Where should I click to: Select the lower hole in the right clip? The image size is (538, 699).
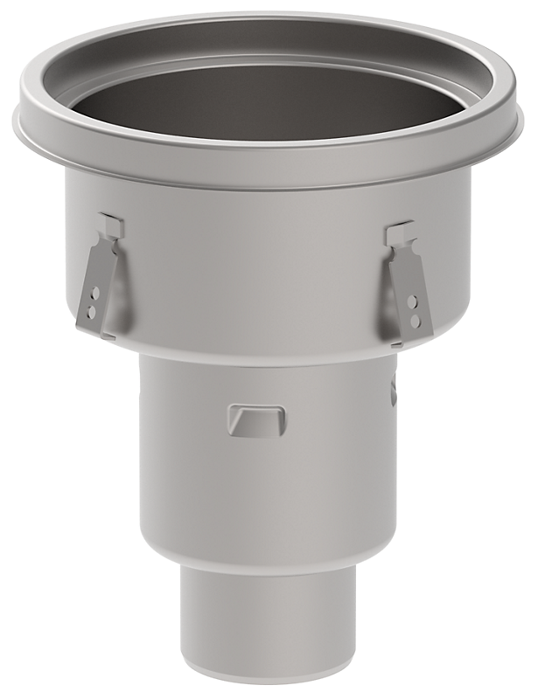(x=416, y=321)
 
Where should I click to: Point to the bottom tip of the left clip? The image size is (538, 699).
(x=105, y=335)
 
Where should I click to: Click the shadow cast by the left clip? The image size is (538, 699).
(x=120, y=288)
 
